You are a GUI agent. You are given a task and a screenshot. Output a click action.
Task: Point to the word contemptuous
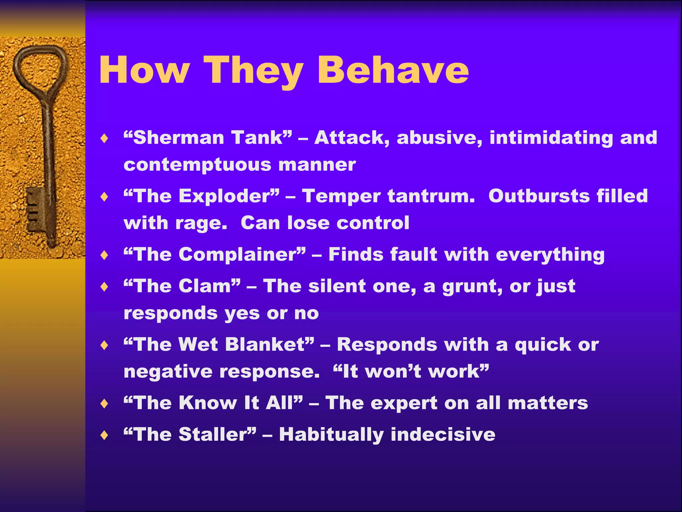tap(197, 165)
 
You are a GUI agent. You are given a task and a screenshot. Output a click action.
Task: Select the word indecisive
tap(443, 434)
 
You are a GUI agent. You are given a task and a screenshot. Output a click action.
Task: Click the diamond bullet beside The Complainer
tap(105, 255)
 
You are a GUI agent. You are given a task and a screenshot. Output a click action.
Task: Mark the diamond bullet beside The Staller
tap(105, 435)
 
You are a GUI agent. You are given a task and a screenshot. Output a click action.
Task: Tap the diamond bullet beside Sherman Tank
tap(105, 138)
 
